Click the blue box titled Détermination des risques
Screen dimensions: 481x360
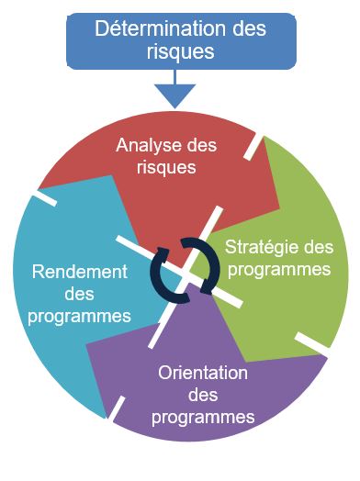pos(181,39)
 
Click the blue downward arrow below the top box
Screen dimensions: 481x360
pos(174,93)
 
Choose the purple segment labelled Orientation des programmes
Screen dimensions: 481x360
pos(202,404)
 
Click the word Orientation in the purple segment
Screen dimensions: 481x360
pos(203,374)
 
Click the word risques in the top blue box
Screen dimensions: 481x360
pos(180,51)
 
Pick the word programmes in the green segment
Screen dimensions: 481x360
pos(278,270)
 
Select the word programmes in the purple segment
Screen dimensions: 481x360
pos(203,418)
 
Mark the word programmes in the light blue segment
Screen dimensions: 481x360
pos(78,317)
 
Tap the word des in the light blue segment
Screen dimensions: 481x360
pos(78,294)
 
